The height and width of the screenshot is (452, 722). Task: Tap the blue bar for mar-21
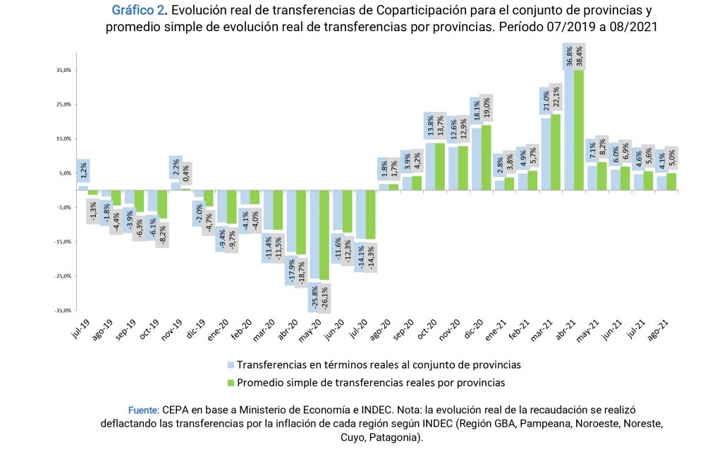point(546,154)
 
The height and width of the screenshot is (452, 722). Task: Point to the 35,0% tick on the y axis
point(63,71)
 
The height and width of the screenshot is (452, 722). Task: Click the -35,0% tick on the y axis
point(63,310)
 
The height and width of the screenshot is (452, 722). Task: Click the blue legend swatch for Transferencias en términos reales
point(231,365)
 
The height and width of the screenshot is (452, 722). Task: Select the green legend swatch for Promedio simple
point(231,383)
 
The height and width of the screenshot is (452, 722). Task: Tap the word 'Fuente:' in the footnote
point(143,410)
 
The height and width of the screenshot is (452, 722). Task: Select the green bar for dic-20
point(485,157)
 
